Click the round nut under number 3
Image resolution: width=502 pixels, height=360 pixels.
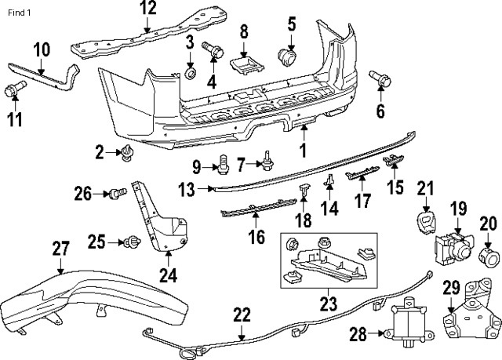190,75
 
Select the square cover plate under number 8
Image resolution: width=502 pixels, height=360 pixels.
245,62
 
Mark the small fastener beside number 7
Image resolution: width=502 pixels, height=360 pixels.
269,161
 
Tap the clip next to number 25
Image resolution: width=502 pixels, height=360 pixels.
130,242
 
